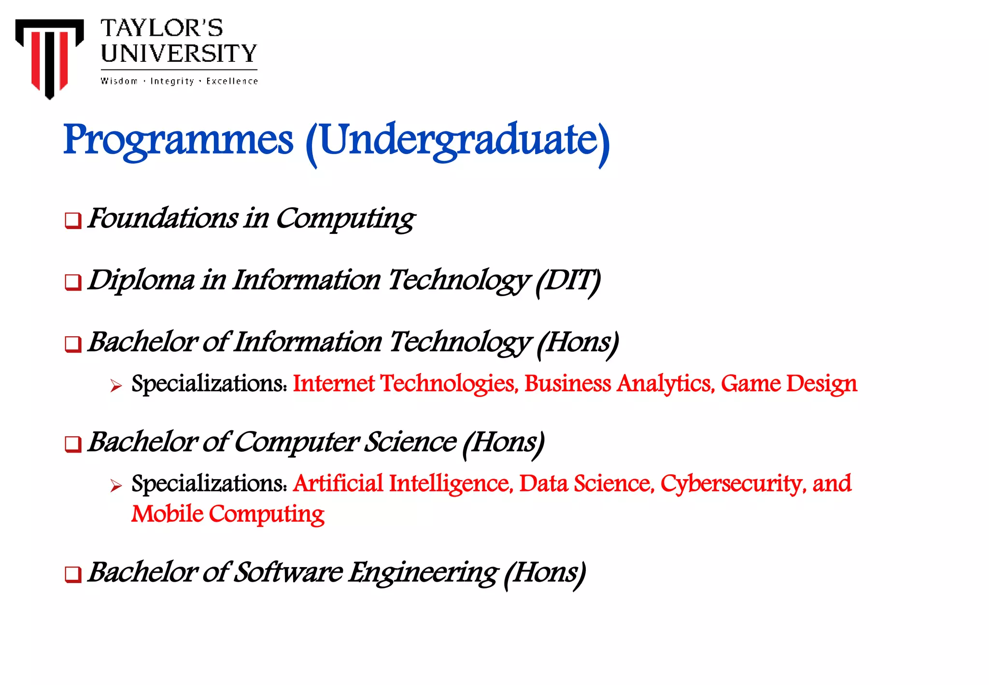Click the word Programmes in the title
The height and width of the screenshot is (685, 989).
pyautogui.click(x=178, y=140)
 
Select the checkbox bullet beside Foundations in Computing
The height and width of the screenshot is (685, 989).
pyautogui.click(x=73, y=221)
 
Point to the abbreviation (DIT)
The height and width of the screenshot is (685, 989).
pyautogui.click(x=568, y=281)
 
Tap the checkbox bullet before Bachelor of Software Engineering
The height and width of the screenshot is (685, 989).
pyautogui.click(x=73, y=574)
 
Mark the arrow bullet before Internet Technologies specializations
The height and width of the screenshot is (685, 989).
pyautogui.click(x=116, y=385)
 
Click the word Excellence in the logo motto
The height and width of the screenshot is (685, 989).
pyautogui.click(x=232, y=81)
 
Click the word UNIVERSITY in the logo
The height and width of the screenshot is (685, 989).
pyautogui.click(x=179, y=54)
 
